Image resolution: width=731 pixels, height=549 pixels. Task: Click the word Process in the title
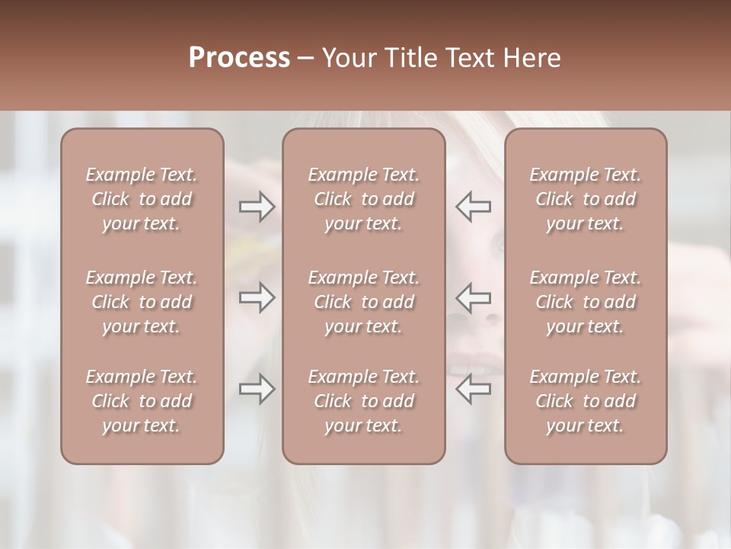click(239, 58)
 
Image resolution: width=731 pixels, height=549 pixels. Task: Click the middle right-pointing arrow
click(257, 297)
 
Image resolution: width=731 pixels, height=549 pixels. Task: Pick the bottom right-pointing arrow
click(257, 390)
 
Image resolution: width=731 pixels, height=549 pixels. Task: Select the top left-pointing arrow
click(474, 207)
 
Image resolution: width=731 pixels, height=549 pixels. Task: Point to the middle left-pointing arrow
click(474, 297)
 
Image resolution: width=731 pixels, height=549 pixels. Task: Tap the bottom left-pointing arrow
click(474, 389)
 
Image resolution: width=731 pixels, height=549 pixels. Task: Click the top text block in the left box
click(142, 199)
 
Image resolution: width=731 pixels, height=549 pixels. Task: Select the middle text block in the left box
click(142, 302)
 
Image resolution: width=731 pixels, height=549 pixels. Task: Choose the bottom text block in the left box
click(142, 401)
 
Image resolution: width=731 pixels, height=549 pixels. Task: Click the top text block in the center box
click(364, 199)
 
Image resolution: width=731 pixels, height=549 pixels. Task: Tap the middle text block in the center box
click(364, 302)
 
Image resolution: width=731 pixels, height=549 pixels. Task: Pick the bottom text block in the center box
click(364, 401)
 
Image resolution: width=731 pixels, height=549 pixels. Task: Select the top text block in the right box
click(586, 199)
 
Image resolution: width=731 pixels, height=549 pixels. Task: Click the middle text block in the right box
click(586, 302)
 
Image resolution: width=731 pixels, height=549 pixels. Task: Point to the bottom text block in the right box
click(586, 401)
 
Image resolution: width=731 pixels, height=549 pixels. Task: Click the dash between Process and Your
click(306, 59)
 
